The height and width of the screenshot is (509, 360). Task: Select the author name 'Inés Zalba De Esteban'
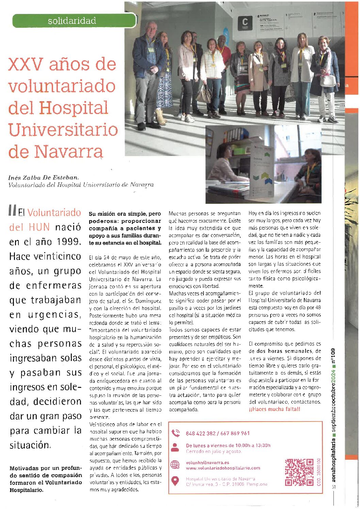[x=44, y=177]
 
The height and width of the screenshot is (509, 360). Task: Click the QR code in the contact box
[x=299, y=472]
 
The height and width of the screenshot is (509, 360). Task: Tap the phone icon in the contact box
[x=176, y=433]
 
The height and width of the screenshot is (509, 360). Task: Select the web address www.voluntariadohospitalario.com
[x=223, y=468]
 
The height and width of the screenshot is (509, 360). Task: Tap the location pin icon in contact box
[x=175, y=481]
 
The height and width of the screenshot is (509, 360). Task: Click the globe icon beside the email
[x=175, y=465]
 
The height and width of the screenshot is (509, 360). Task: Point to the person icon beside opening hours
[x=175, y=447]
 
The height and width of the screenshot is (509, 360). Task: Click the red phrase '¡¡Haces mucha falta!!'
[x=274, y=409]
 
